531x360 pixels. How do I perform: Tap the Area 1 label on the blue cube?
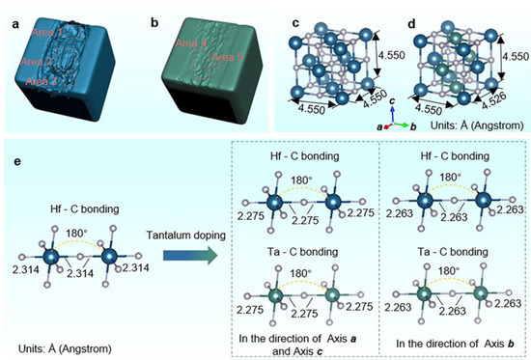coord(47,35)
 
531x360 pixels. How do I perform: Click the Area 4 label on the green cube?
coord(190,42)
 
